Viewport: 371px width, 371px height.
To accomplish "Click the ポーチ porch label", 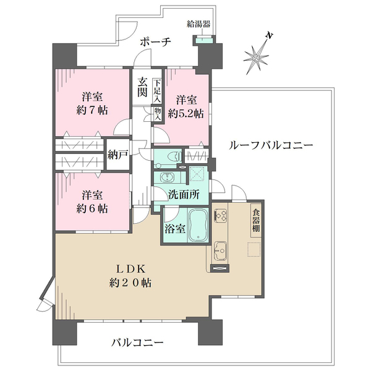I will [155, 41].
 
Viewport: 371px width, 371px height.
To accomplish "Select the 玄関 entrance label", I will [142, 87].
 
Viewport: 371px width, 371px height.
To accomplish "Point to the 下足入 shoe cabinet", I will [158, 90].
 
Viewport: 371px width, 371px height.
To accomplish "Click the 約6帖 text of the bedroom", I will [93, 208].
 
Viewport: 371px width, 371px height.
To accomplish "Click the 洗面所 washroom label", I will [184, 194].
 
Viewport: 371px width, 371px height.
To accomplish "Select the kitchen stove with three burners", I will [221, 216].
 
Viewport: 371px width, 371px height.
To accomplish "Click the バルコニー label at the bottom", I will [137, 342].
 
